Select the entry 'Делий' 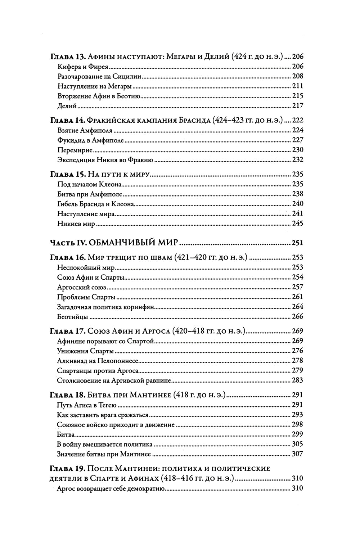[x=67, y=106]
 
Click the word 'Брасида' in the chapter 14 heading [x=194, y=120]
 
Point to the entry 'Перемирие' [x=75, y=150]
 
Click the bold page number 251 [x=297, y=243]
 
